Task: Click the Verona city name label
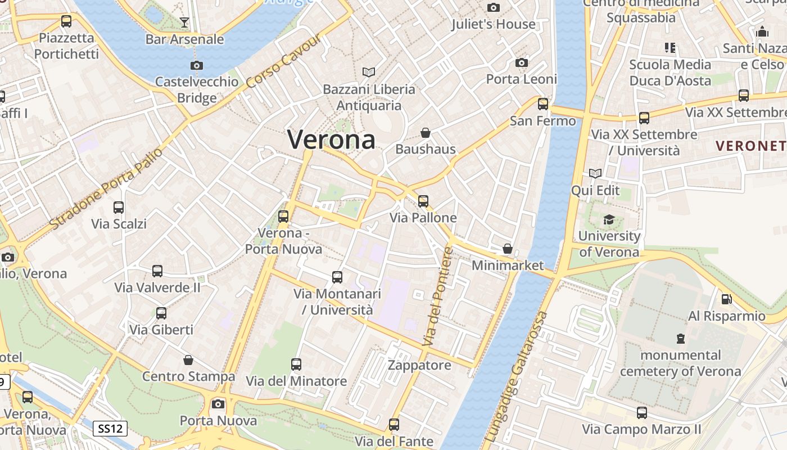tap(332, 139)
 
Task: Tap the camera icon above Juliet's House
tap(494, 7)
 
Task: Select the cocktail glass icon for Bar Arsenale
tap(184, 22)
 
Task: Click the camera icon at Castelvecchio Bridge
tap(196, 65)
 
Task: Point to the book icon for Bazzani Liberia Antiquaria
tap(369, 73)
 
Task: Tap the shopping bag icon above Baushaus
tap(426, 133)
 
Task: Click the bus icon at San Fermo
tap(542, 104)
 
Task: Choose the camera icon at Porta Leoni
tap(522, 62)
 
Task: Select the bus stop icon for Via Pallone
tap(423, 201)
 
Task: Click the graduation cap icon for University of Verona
tap(609, 219)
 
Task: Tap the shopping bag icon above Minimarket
tap(508, 249)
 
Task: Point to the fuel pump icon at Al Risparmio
tap(727, 299)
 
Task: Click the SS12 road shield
tap(110, 429)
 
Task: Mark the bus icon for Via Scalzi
tap(119, 208)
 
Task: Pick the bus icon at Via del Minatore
tap(296, 364)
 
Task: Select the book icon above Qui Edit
tap(595, 174)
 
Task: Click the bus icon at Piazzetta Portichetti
tap(66, 22)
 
